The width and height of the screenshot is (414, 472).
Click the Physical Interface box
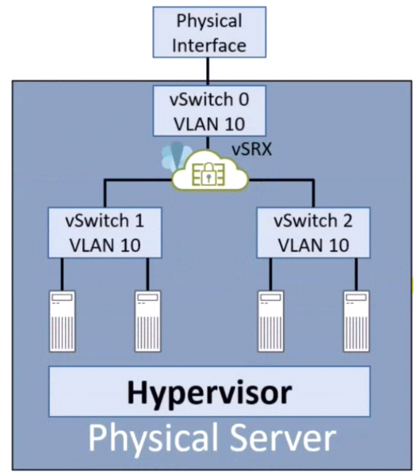click(210, 33)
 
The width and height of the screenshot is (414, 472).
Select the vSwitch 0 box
click(209, 111)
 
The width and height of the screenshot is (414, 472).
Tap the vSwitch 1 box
click(104, 233)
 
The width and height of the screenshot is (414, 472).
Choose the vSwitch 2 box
click(313, 233)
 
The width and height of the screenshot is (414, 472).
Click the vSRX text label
click(252, 151)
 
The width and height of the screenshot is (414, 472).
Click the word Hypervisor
click(209, 392)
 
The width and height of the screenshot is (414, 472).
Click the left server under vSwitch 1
click(62, 321)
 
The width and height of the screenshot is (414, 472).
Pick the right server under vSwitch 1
click(148, 321)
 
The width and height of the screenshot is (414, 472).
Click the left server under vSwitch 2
click(271, 321)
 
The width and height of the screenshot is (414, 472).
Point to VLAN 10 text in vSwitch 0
click(209, 123)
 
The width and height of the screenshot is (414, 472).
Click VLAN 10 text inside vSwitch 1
click(104, 244)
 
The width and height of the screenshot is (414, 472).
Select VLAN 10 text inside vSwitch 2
click(313, 244)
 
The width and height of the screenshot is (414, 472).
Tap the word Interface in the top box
click(210, 45)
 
